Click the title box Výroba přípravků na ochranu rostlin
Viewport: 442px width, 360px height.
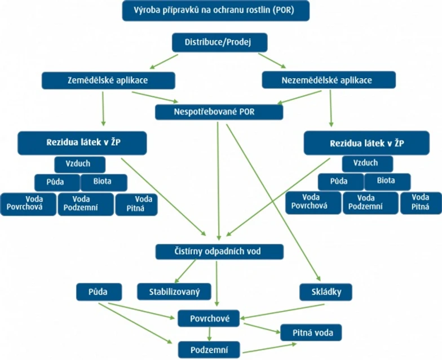click(215, 11)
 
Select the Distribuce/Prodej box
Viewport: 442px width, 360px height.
click(219, 42)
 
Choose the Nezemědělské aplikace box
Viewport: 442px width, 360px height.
click(329, 80)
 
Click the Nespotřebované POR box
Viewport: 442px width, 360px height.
click(219, 112)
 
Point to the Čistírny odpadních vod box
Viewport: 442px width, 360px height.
click(219, 251)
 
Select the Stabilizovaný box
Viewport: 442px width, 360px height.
click(174, 291)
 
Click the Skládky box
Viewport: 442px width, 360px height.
click(326, 291)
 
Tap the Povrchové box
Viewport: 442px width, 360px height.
click(209, 318)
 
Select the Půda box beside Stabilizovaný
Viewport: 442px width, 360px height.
click(99, 291)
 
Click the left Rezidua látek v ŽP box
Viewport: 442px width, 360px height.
click(82, 143)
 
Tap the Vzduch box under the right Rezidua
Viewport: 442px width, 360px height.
click(365, 163)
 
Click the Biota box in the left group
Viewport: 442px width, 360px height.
click(104, 183)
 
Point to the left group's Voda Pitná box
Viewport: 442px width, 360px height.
click(136, 204)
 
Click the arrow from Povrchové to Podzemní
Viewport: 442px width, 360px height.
click(209, 334)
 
